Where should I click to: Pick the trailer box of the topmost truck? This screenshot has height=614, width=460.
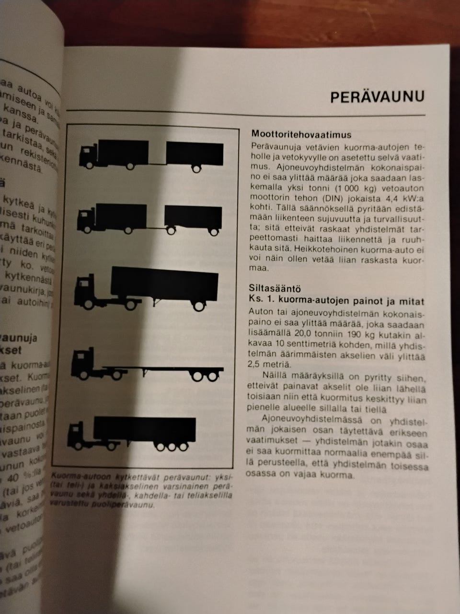[195, 152]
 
